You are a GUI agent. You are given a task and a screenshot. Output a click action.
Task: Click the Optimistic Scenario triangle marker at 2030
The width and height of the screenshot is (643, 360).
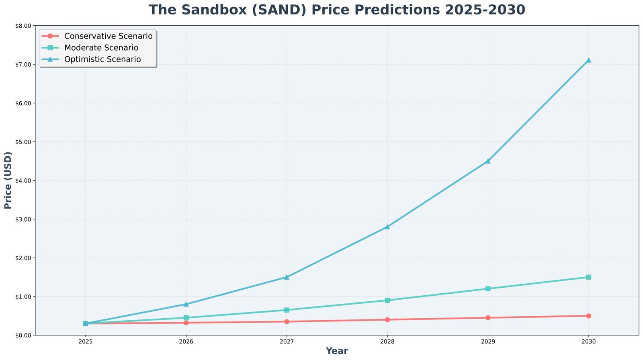588,60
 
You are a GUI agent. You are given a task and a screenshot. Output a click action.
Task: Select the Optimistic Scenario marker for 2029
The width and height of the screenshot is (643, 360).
488,161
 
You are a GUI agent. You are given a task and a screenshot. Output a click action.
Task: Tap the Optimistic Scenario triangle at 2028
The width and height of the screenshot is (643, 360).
387,227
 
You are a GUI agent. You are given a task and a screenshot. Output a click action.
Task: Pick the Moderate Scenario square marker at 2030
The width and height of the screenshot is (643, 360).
588,277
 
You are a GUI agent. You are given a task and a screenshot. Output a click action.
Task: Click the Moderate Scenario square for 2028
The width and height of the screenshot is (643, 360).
387,300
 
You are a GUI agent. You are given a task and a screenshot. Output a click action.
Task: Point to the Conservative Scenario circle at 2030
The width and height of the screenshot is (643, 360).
588,316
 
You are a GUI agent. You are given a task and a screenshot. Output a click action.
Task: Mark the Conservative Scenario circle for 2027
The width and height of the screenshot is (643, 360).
287,321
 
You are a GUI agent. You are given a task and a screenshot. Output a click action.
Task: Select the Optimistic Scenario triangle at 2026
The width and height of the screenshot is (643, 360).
186,304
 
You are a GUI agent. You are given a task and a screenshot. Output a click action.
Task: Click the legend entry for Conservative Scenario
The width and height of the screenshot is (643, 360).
108,36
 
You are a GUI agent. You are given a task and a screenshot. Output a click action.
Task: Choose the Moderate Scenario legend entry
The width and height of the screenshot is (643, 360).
101,48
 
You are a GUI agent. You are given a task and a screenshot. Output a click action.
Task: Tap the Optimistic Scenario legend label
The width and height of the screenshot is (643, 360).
102,59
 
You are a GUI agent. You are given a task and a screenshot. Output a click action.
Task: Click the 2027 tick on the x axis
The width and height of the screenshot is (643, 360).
287,342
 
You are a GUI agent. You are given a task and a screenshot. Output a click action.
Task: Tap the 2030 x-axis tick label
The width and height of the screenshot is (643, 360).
588,342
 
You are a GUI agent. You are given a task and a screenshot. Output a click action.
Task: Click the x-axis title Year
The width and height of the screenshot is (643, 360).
337,351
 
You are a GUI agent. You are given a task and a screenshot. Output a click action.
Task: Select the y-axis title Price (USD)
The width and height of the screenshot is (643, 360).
8,180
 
